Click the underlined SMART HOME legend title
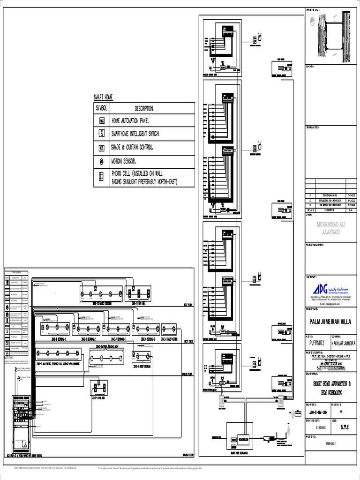tap(103, 97)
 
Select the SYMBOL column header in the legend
tap(101, 108)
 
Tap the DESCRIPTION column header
tap(143, 108)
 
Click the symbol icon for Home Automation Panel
tap(101, 120)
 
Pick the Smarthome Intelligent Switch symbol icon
tap(101, 134)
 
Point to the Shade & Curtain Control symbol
tap(101, 148)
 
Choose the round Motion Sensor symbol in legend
tap(101, 162)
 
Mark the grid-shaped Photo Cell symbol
tap(101, 177)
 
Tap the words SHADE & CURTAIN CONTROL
tap(139, 147)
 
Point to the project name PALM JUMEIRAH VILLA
tap(332, 322)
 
